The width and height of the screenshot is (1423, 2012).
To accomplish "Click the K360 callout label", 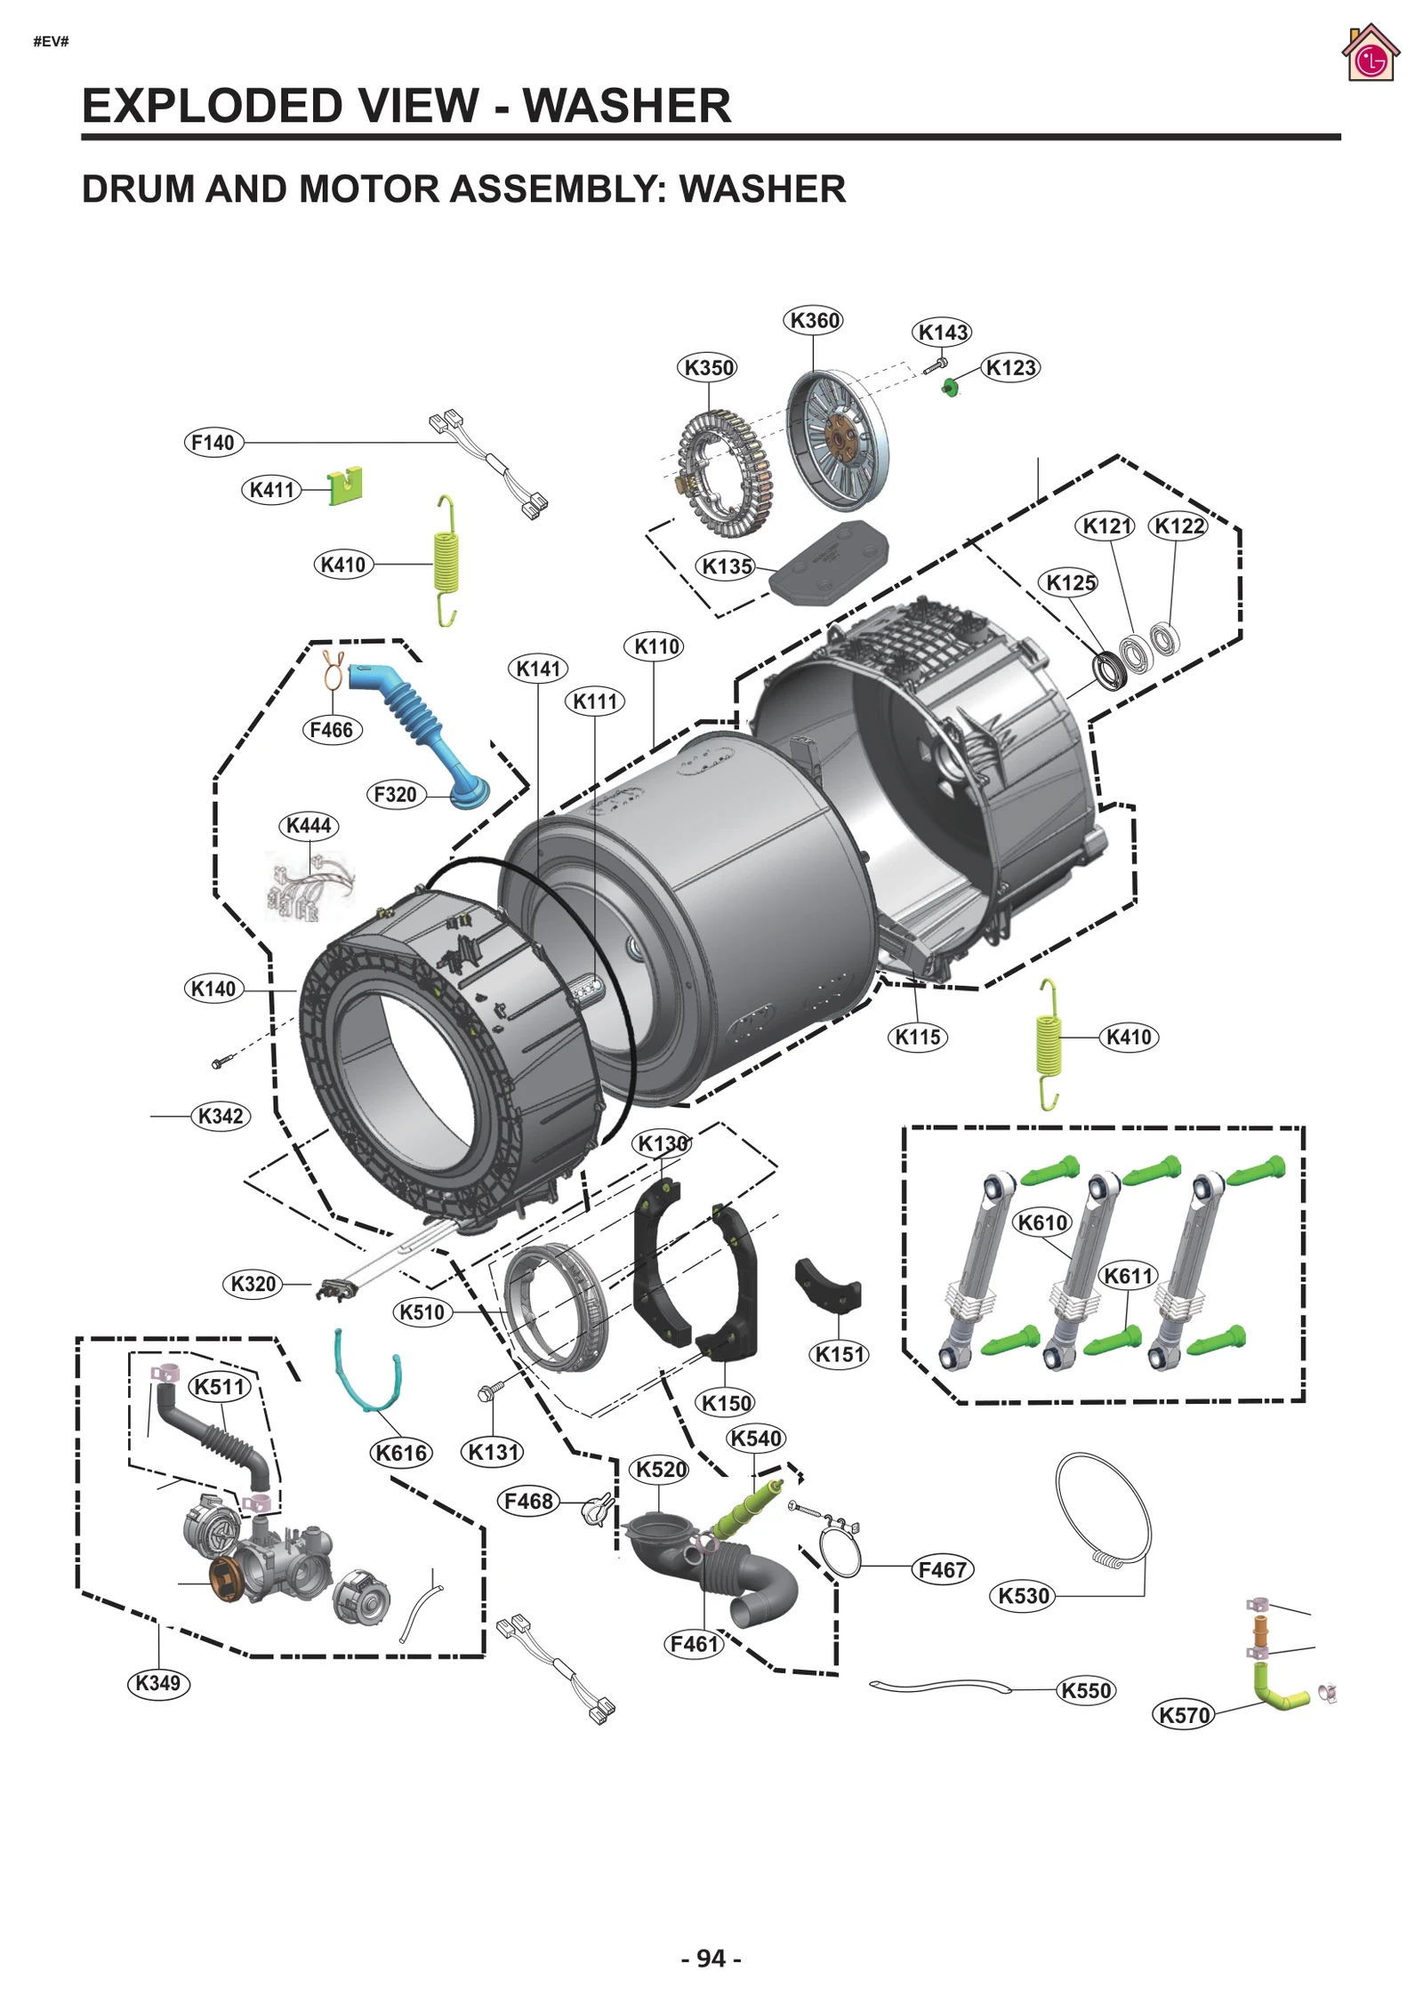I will click(813, 320).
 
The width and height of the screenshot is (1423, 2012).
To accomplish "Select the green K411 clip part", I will click(345, 485).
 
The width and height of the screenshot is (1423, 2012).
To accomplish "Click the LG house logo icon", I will click(1371, 55).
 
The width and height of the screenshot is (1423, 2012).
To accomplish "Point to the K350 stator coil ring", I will click(725, 474).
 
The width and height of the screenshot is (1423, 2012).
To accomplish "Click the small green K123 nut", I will click(950, 387).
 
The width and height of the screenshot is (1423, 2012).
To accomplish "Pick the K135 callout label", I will click(726, 566).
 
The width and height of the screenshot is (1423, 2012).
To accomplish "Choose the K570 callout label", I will click(1184, 1714).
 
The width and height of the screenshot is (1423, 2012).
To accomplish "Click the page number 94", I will click(711, 1959).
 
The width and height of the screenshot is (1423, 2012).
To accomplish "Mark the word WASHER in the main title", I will click(626, 106).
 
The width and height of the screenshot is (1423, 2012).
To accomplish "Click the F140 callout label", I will click(213, 443).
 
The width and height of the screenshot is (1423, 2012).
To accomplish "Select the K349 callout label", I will click(158, 1682).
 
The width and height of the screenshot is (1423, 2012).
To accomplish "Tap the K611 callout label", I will click(1128, 1276).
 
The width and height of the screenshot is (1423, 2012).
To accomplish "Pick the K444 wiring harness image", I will click(309, 885).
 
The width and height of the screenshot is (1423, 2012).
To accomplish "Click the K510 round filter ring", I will click(556, 1307).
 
